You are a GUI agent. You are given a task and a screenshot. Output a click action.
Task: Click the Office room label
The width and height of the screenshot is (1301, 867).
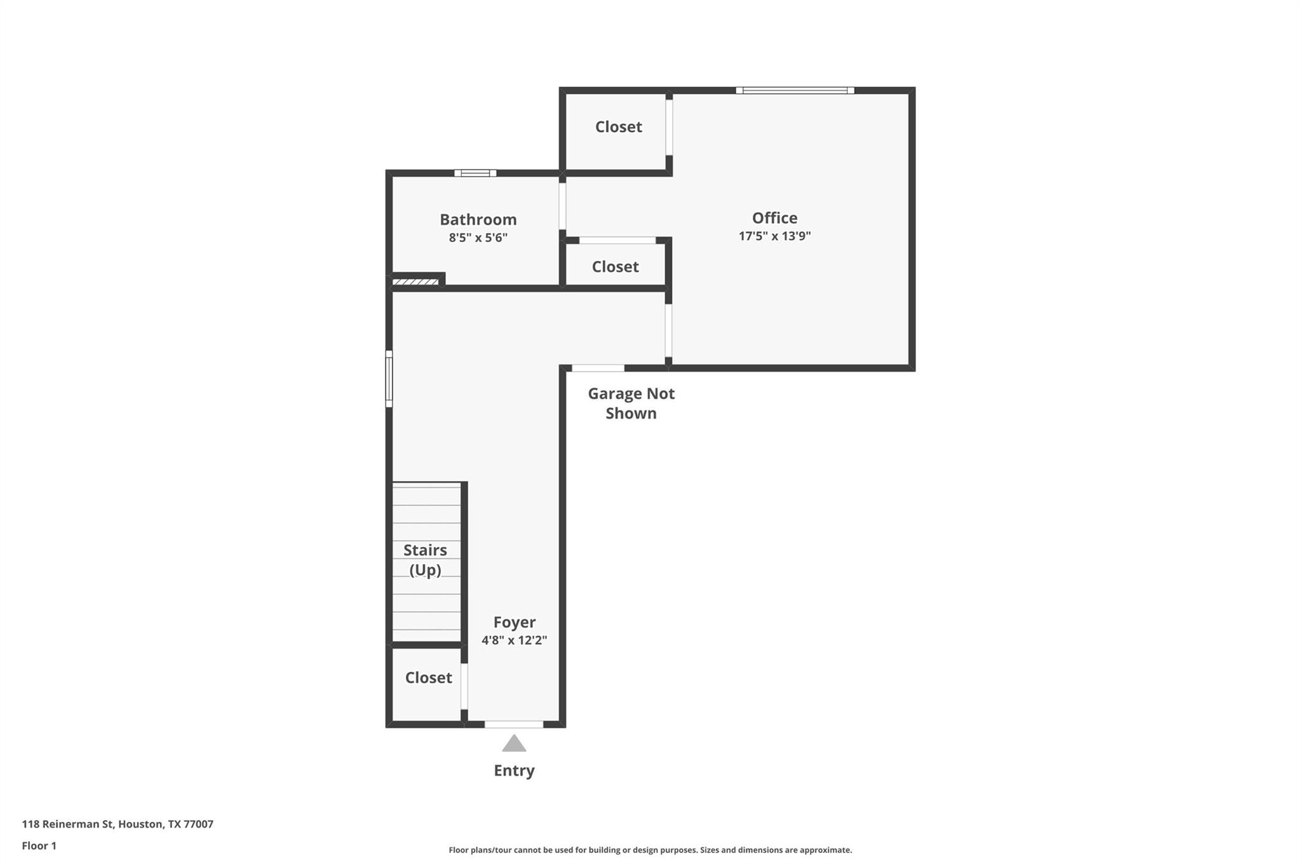[x=774, y=218]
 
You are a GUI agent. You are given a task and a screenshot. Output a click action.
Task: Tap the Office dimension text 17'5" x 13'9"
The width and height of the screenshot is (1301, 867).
[x=774, y=236]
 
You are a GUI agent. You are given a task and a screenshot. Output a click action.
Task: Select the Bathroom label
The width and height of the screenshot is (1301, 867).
[x=478, y=220]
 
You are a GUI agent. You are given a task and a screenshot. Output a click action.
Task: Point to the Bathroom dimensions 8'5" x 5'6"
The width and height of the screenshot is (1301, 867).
[x=478, y=238]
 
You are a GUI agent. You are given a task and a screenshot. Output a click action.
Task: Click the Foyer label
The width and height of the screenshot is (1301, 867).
[x=514, y=622]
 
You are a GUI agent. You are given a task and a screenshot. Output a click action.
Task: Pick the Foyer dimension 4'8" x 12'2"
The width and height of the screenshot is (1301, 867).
[x=514, y=640]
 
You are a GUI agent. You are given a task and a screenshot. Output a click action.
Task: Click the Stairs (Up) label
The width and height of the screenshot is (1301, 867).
[x=425, y=560]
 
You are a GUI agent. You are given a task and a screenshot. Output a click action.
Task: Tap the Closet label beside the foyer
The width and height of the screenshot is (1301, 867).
[x=428, y=678]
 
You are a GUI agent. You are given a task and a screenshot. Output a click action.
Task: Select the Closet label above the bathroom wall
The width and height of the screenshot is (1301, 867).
[x=618, y=127]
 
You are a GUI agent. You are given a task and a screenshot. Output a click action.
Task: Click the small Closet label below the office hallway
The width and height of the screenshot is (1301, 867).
[x=615, y=267]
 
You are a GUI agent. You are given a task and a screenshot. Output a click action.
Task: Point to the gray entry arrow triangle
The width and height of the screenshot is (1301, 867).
[x=514, y=744]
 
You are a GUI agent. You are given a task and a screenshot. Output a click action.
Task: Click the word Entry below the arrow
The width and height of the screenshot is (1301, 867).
[x=514, y=770]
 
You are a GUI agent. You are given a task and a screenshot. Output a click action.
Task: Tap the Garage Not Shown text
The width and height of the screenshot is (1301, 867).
[x=631, y=403]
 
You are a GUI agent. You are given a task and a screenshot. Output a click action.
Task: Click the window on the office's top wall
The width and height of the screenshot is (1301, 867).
[x=795, y=91]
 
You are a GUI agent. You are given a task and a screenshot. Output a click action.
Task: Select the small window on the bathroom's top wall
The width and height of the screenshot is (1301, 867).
[x=475, y=173]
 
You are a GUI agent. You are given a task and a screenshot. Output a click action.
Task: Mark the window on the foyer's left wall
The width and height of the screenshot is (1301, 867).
[x=389, y=379]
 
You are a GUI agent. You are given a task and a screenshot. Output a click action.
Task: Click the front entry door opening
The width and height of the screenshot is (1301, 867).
[x=513, y=724]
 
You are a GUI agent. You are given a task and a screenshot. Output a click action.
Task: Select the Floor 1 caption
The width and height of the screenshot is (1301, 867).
[x=39, y=846]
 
